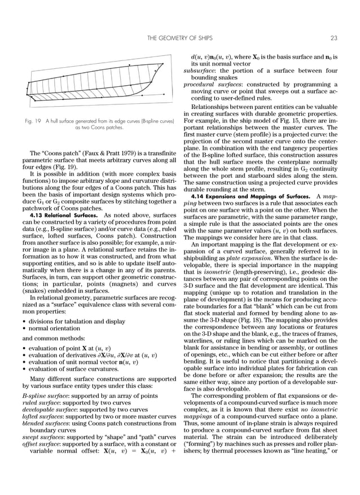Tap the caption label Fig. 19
click(37, 121)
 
